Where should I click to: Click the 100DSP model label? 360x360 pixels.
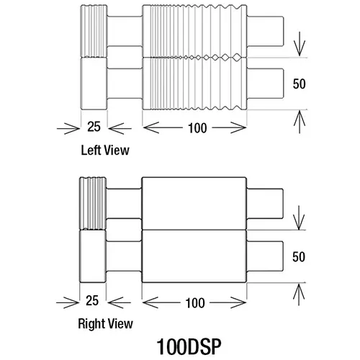189,346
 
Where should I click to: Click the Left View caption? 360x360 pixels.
105,150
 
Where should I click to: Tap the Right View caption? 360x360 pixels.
105,323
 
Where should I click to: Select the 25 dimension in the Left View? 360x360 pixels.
94,127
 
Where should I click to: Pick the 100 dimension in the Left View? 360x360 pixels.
197,128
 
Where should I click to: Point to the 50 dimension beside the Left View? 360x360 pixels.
299,84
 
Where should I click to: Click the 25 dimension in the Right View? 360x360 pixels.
92,300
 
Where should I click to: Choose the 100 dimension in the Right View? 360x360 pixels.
195,303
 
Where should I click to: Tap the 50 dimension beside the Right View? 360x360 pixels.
299,257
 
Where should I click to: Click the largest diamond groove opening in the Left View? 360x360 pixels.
237,57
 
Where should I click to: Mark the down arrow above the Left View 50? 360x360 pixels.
300,44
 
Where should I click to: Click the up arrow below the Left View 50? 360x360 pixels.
300,122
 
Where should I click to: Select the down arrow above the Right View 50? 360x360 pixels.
299,217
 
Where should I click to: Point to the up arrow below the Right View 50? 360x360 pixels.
299,294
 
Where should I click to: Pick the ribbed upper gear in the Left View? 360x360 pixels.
94,31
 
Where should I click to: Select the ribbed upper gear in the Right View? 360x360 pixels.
93,204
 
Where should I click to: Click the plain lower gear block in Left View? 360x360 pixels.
94,84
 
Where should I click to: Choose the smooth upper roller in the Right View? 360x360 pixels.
194,204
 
